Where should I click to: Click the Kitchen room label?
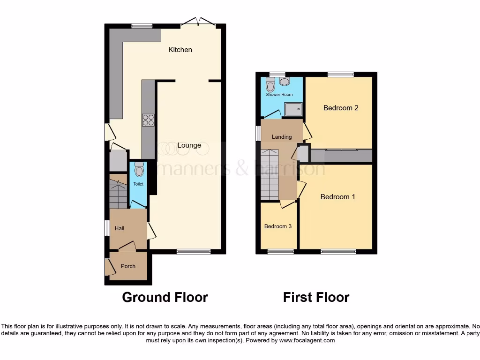point(180,50)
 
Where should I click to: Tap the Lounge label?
point(189,145)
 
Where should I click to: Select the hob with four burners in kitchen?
point(148,120)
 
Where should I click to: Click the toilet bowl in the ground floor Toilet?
point(139,169)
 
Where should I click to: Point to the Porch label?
point(128,266)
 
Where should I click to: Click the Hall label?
point(120,228)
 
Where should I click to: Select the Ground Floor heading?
point(165,297)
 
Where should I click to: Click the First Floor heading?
point(316,297)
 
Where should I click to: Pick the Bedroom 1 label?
point(337,197)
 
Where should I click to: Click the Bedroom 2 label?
point(341,108)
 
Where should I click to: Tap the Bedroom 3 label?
point(278,226)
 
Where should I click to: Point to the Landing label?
point(282,137)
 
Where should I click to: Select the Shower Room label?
point(279,95)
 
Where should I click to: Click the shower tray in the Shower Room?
point(294,109)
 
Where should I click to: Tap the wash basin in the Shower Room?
point(285,82)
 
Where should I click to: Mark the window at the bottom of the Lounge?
point(194,252)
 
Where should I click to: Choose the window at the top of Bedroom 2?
point(340,74)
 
